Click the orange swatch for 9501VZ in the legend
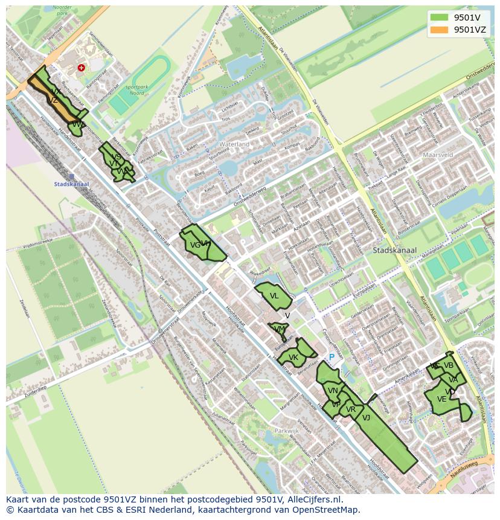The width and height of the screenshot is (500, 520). click(x=439, y=30)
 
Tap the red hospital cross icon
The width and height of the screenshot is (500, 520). click(x=81, y=68)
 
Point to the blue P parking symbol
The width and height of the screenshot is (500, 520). click(x=332, y=357)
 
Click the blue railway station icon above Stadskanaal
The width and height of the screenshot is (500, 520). click(x=71, y=177)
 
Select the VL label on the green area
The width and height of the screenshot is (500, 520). click(x=274, y=296)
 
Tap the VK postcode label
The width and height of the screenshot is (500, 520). click(x=293, y=358)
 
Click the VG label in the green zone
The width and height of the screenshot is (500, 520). click(x=195, y=245)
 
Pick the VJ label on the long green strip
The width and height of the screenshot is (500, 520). click(x=366, y=417)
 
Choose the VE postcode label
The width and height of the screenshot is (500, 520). click(x=441, y=399)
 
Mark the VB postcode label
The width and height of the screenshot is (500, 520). click(x=448, y=365)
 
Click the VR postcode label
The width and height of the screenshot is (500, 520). click(x=351, y=409)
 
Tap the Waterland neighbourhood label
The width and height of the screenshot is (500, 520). click(x=234, y=145)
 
